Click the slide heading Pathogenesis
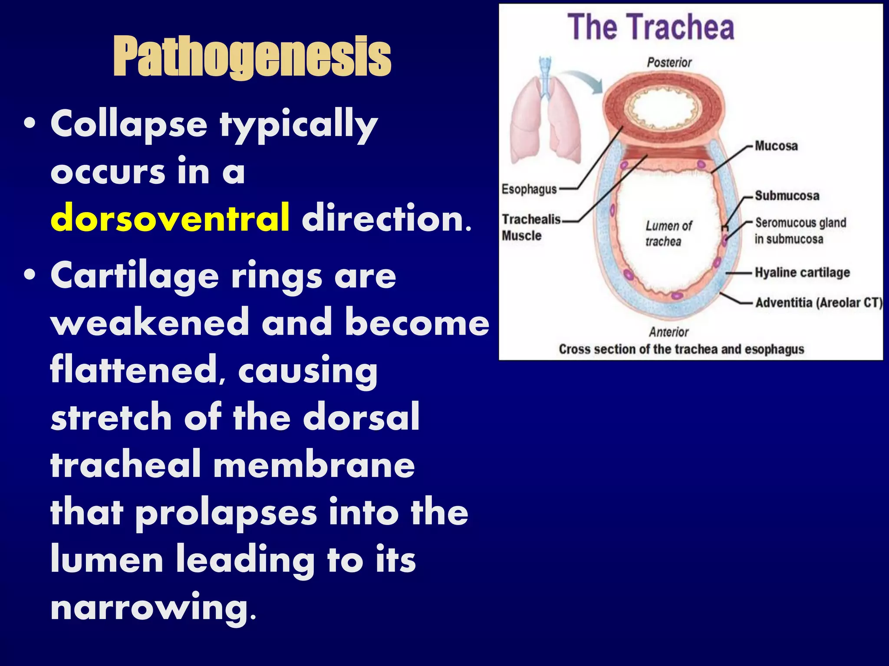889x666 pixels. point(252,57)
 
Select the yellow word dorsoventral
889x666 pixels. point(170,218)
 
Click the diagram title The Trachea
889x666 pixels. point(651,27)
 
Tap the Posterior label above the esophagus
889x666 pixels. point(669,62)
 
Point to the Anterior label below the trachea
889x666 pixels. point(668,332)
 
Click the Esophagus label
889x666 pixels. point(529,189)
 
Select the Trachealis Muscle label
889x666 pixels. point(530,227)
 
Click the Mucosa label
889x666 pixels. point(776,146)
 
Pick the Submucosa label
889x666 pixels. point(787,196)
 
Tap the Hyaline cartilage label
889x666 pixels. point(802,272)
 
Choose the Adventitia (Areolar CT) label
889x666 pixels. point(819,302)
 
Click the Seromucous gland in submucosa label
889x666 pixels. point(800,231)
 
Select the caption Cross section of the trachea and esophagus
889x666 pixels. point(681,349)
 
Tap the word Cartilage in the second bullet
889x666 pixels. point(135,276)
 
